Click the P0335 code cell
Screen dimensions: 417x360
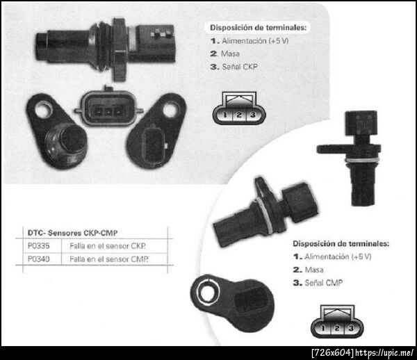pyautogui.click(x=38, y=245)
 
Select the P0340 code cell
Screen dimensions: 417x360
pyautogui.click(x=38, y=259)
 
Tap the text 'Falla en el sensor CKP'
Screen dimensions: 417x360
pyautogui.click(x=108, y=246)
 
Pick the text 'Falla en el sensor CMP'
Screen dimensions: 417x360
pyautogui.click(x=109, y=259)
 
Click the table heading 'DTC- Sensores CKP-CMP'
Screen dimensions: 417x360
pyautogui.click(x=72, y=233)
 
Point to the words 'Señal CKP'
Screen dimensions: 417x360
pyautogui.click(x=240, y=67)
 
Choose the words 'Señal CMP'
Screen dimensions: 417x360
pyautogui.click(x=324, y=283)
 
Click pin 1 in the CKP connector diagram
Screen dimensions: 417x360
pyautogui.click(x=225, y=115)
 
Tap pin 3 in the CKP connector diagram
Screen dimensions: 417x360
pyautogui.click(x=253, y=115)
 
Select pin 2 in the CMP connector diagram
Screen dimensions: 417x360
pyautogui.click(x=337, y=328)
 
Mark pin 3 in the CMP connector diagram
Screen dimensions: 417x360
pyautogui.click(x=351, y=328)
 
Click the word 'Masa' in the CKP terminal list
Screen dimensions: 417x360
pyautogui.click(x=230, y=54)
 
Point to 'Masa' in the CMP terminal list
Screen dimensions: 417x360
pyautogui.click(x=314, y=270)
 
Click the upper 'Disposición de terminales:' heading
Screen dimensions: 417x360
pyautogui.click(x=259, y=27)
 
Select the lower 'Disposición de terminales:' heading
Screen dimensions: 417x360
pyautogui.click(x=341, y=243)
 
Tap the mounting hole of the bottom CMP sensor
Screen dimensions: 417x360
pyautogui.click(x=207, y=293)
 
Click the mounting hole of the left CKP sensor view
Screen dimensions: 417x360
pyautogui.click(x=42, y=111)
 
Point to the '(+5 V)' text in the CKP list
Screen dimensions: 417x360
pyautogui.click(x=279, y=41)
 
